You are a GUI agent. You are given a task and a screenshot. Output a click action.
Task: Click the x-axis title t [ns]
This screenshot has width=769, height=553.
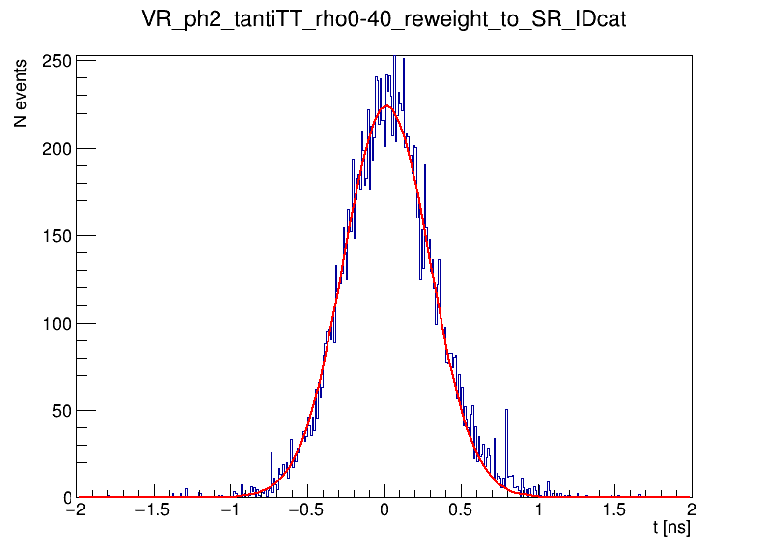[670, 528]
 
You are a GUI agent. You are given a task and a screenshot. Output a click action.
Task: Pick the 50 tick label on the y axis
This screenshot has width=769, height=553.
[62, 410]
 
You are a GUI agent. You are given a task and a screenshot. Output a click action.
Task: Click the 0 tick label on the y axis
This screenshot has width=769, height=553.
[67, 498]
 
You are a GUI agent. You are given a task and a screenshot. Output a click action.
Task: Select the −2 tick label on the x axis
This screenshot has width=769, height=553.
[75, 510]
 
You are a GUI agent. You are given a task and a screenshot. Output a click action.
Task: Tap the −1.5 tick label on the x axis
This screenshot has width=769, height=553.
[151, 510]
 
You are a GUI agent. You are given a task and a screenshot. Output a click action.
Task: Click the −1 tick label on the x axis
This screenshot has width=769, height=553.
[229, 510]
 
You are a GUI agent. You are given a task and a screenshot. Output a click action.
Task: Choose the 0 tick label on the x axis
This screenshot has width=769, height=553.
[384, 510]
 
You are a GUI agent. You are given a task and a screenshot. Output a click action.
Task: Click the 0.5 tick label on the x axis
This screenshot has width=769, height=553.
[462, 510]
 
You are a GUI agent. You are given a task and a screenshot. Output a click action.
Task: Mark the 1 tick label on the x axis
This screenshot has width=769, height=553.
[538, 510]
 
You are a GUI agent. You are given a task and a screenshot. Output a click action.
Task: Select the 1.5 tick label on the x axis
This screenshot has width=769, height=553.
[615, 510]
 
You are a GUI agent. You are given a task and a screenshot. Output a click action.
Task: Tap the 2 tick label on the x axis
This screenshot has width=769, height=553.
[692, 510]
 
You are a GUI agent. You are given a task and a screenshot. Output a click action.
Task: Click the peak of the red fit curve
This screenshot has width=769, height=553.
[386, 106]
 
